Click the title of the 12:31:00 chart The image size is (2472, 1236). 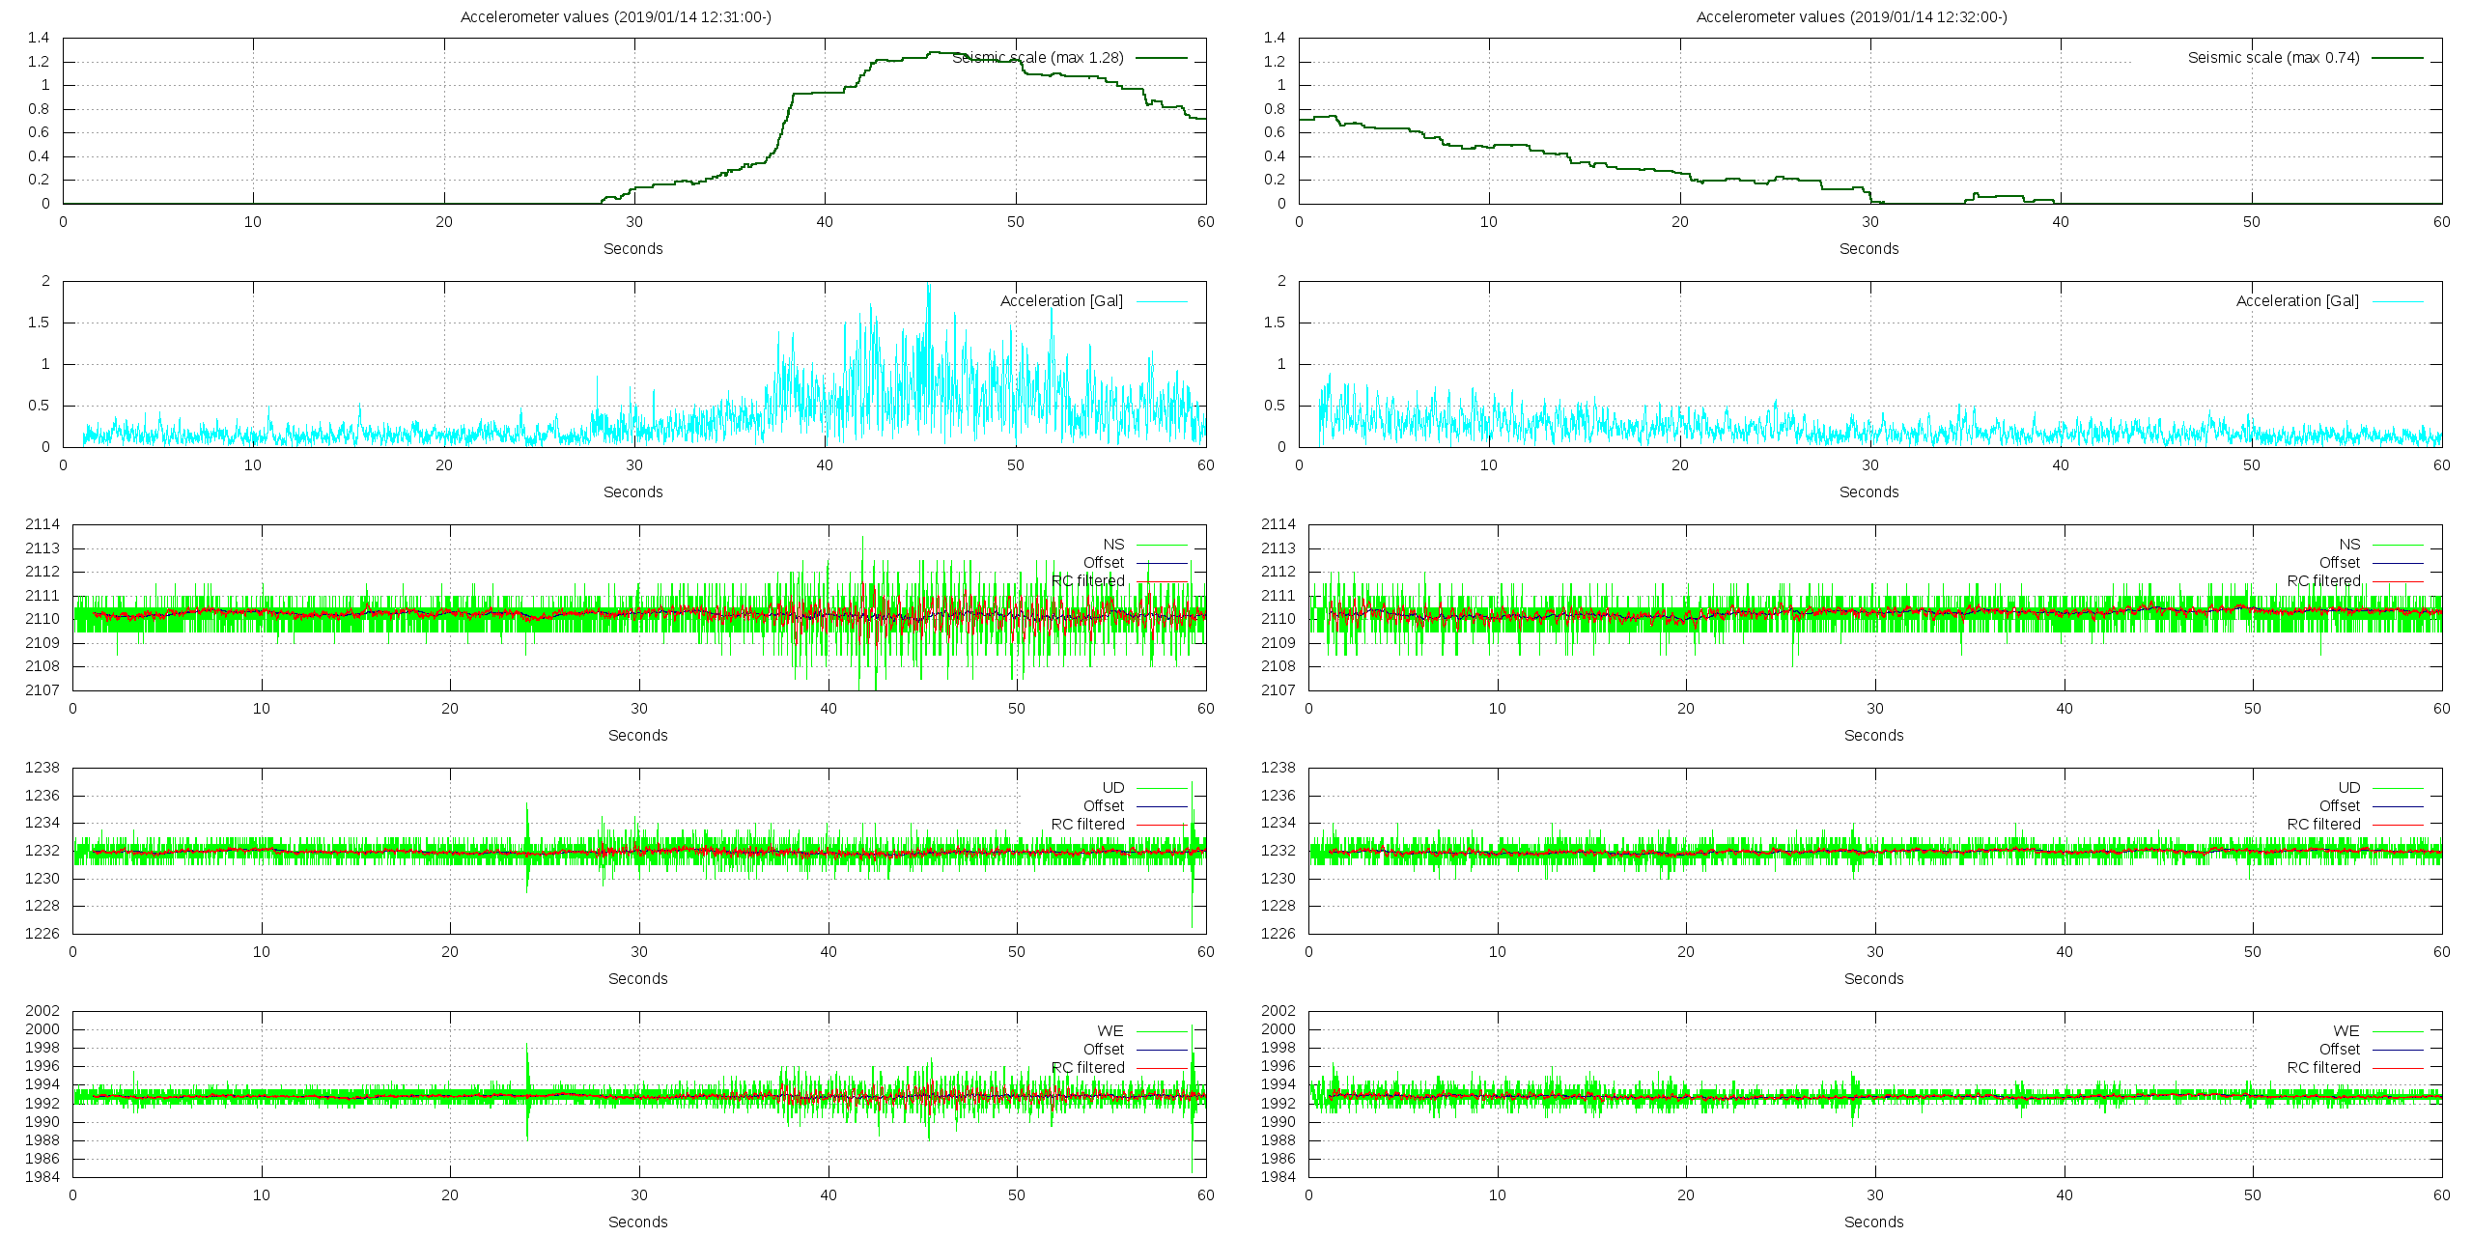615,16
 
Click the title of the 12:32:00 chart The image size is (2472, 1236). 1851,16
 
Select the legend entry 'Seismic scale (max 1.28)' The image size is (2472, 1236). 1038,58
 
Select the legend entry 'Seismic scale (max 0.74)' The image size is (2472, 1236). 2274,58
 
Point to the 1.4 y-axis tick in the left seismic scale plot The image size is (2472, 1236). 39,38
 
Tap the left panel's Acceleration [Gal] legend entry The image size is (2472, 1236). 1061,301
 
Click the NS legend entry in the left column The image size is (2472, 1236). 1113,545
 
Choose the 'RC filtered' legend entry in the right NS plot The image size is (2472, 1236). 2323,581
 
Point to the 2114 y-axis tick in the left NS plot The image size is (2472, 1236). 42,524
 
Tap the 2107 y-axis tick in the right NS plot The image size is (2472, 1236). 1278,690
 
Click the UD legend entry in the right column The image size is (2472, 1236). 2348,788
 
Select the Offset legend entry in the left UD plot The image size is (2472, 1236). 1103,806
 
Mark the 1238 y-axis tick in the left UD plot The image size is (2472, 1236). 42,768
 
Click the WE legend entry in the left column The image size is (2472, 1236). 1110,1031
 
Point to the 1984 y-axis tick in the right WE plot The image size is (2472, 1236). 1278,1177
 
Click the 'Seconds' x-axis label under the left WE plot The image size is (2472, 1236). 637,1222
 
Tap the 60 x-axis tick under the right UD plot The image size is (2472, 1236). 2441,952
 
